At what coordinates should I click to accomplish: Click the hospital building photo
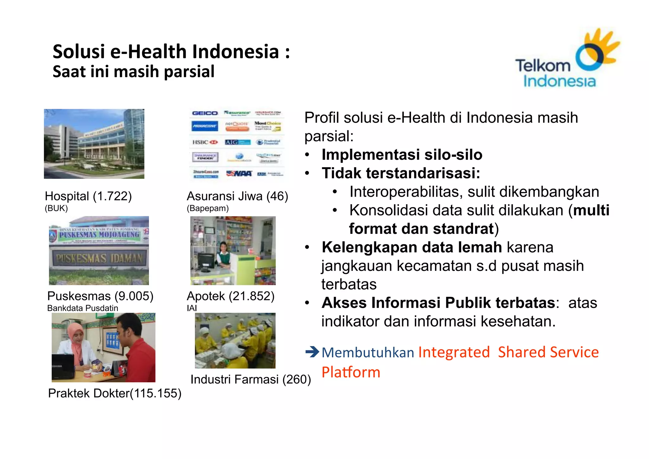tap(94, 144)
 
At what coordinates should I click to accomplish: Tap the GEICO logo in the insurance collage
tap(205, 113)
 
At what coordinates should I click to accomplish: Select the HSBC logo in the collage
tap(205, 142)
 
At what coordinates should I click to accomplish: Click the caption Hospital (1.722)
tap(88, 196)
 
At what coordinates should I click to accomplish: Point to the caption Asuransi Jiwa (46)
tap(237, 196)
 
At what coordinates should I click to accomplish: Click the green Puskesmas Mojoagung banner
tap(99, 235)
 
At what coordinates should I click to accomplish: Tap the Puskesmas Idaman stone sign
tap(99, 258)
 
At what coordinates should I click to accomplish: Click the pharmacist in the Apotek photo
tap(223, 254)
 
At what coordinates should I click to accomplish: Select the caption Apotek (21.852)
tap(230, 296)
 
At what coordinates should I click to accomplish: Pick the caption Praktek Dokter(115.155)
tap(114, 393)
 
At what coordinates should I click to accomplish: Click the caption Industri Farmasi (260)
tap(250, 379)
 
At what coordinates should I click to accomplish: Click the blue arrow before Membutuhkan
tap(312, 352)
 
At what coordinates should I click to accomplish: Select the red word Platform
tap(351, 372)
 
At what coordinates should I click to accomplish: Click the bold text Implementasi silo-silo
tap(402, 155)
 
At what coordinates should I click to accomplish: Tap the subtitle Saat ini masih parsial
tap(133, 72)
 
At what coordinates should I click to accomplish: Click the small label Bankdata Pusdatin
tap(82, 308)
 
